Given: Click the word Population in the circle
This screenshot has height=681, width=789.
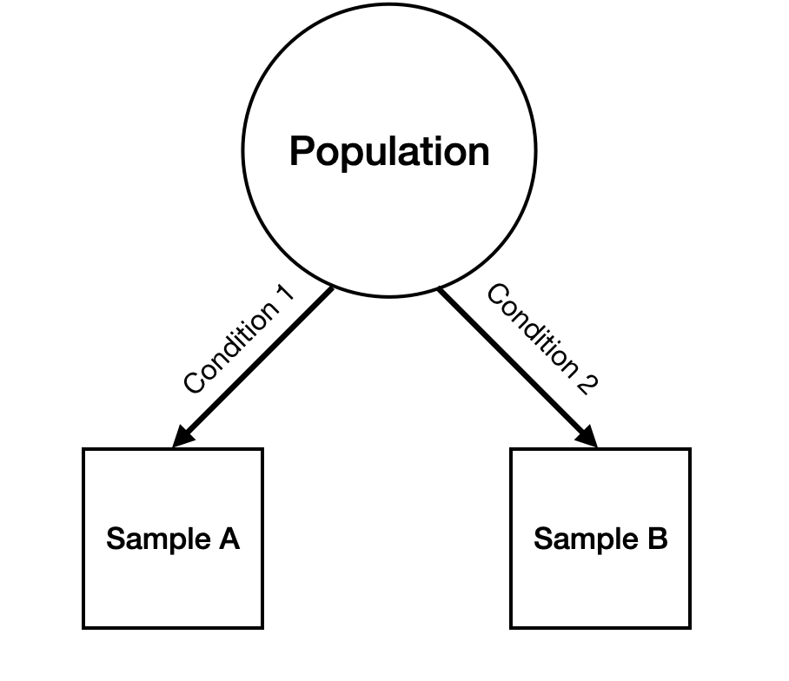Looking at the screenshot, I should click(x=389, y=151).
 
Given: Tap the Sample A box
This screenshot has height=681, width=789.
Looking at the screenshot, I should click(x=173, y=582).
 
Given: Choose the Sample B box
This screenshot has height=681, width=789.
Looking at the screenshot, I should click(x=600, y=582).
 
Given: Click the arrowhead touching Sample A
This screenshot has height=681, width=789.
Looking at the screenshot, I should click(x=183, y=437).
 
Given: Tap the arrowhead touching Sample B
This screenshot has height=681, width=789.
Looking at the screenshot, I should click(x=588, y=437).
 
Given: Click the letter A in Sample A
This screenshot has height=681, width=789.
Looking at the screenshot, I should click(x=227, y=539).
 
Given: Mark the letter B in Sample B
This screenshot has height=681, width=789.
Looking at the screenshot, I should click(x=656, y=539).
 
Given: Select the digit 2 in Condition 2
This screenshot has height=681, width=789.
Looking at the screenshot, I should click(x=587, y=383).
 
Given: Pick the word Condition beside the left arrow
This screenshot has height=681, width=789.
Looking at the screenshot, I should click(x=229, y=347).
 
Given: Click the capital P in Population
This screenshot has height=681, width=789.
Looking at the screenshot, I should click(x=301, y=151).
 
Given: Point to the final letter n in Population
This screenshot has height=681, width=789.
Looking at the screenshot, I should click(x=480, y=153).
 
